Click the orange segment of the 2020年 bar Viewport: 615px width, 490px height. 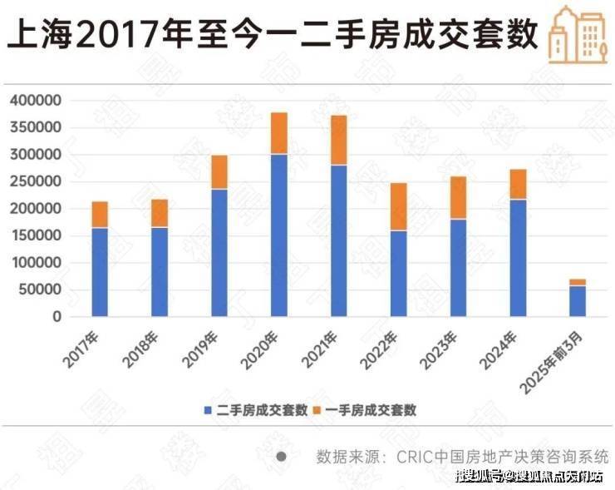tap(278, 133)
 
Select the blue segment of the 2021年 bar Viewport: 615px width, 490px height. tap(338, 240)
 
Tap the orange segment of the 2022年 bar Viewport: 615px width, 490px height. tap(398, 206)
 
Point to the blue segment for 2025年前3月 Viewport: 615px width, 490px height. tap(577, 301)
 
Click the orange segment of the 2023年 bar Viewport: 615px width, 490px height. tap(458, 197)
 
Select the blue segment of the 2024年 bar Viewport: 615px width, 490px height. tap(518, 258)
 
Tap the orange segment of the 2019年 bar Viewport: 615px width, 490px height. tap(219, 172)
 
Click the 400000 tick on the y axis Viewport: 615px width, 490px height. tap(37, 101)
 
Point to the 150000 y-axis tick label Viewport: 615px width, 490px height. tap(37, 236)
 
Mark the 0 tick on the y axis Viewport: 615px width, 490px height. tap(57, 317)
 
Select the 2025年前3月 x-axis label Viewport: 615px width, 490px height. tap(558, 358)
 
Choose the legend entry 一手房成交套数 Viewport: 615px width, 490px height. tap(365, 410)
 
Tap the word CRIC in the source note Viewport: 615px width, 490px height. tap(412, 457)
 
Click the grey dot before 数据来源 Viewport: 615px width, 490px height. tap(281, 457)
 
